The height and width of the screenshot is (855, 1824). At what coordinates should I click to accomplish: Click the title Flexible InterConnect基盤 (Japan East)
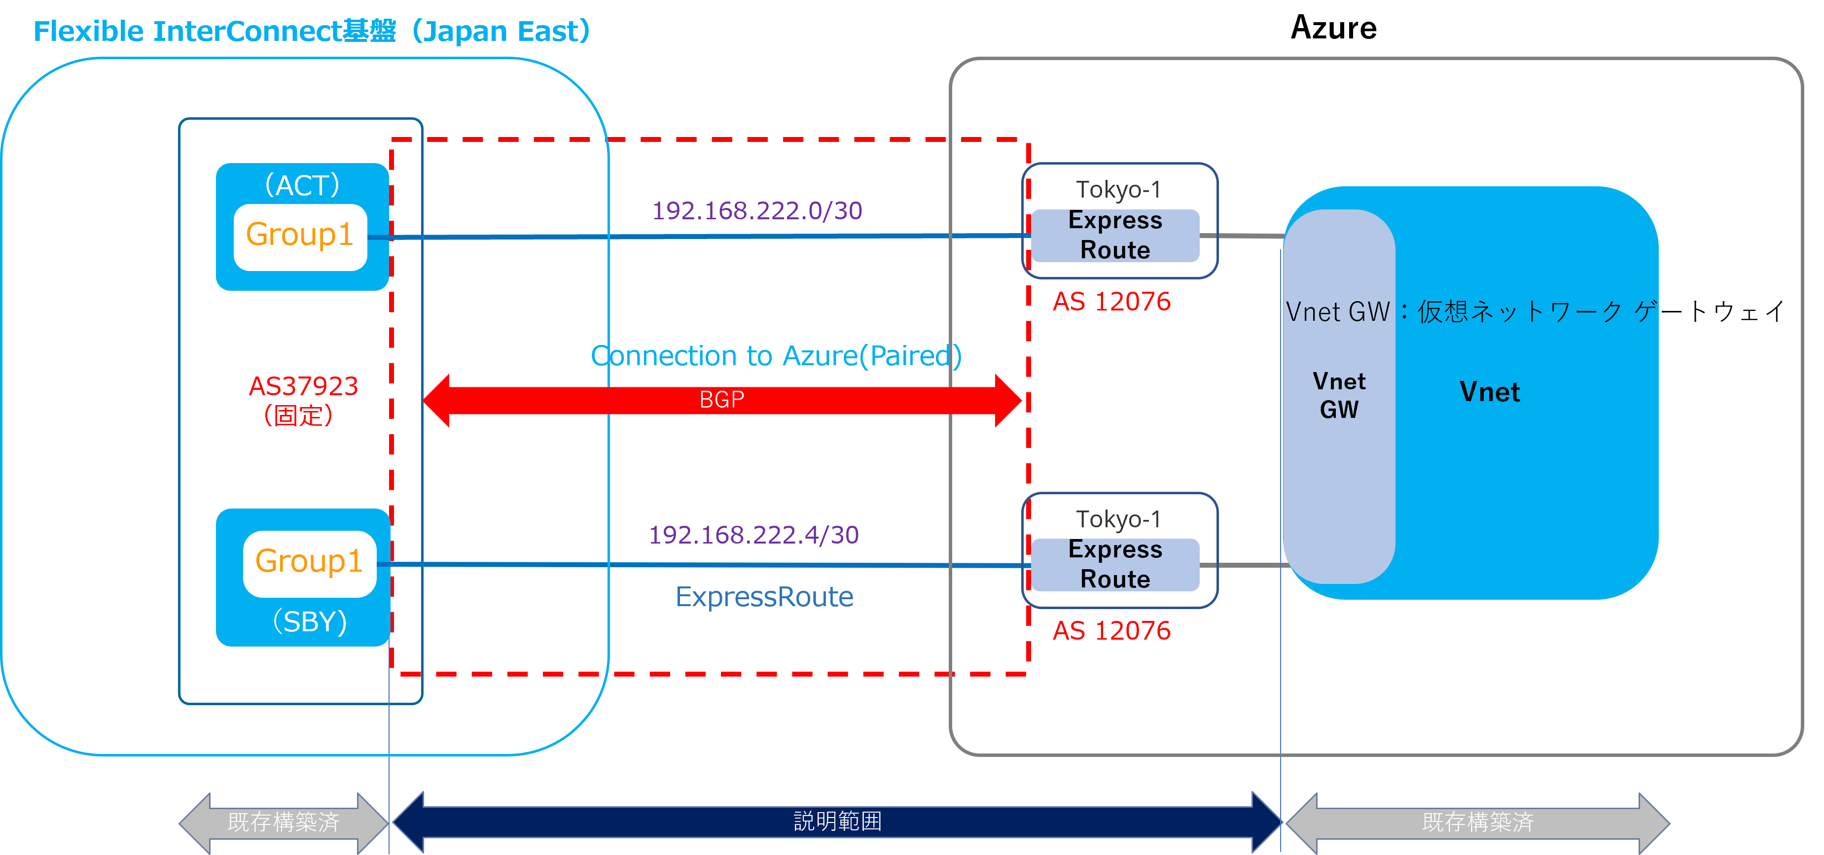click(x=312, y=31)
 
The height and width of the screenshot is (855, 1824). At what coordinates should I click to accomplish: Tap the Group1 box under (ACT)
click(x=300, y=236)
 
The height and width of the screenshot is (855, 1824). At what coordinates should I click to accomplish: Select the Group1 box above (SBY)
click(x=310, y=563)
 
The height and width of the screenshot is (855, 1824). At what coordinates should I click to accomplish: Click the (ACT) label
click(x=302, y=185)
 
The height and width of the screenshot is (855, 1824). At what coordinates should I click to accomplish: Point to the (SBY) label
click(x=310, y=621)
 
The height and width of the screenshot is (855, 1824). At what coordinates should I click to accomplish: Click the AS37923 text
click(x=303, y=386)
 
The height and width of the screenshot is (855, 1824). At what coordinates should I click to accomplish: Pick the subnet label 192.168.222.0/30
click(x=757, y=210)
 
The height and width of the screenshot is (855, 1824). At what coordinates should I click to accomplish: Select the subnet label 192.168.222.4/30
click(x=753, y=534)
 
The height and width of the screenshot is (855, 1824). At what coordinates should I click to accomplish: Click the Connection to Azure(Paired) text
click(x=776, y=355)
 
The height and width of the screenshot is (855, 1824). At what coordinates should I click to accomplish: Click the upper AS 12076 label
click(x=1111, y=302)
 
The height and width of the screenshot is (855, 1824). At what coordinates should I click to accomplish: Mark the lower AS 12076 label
click(x=1111, y=631)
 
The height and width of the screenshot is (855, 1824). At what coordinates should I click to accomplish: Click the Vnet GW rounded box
click(x=1339, y=396)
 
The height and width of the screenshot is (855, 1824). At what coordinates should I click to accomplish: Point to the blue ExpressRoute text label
click(x=764, y=597)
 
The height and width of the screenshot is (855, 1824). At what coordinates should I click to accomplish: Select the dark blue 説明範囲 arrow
click(x=837, y=821)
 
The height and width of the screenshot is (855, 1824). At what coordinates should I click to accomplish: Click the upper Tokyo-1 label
click(x=1118, y=190)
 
